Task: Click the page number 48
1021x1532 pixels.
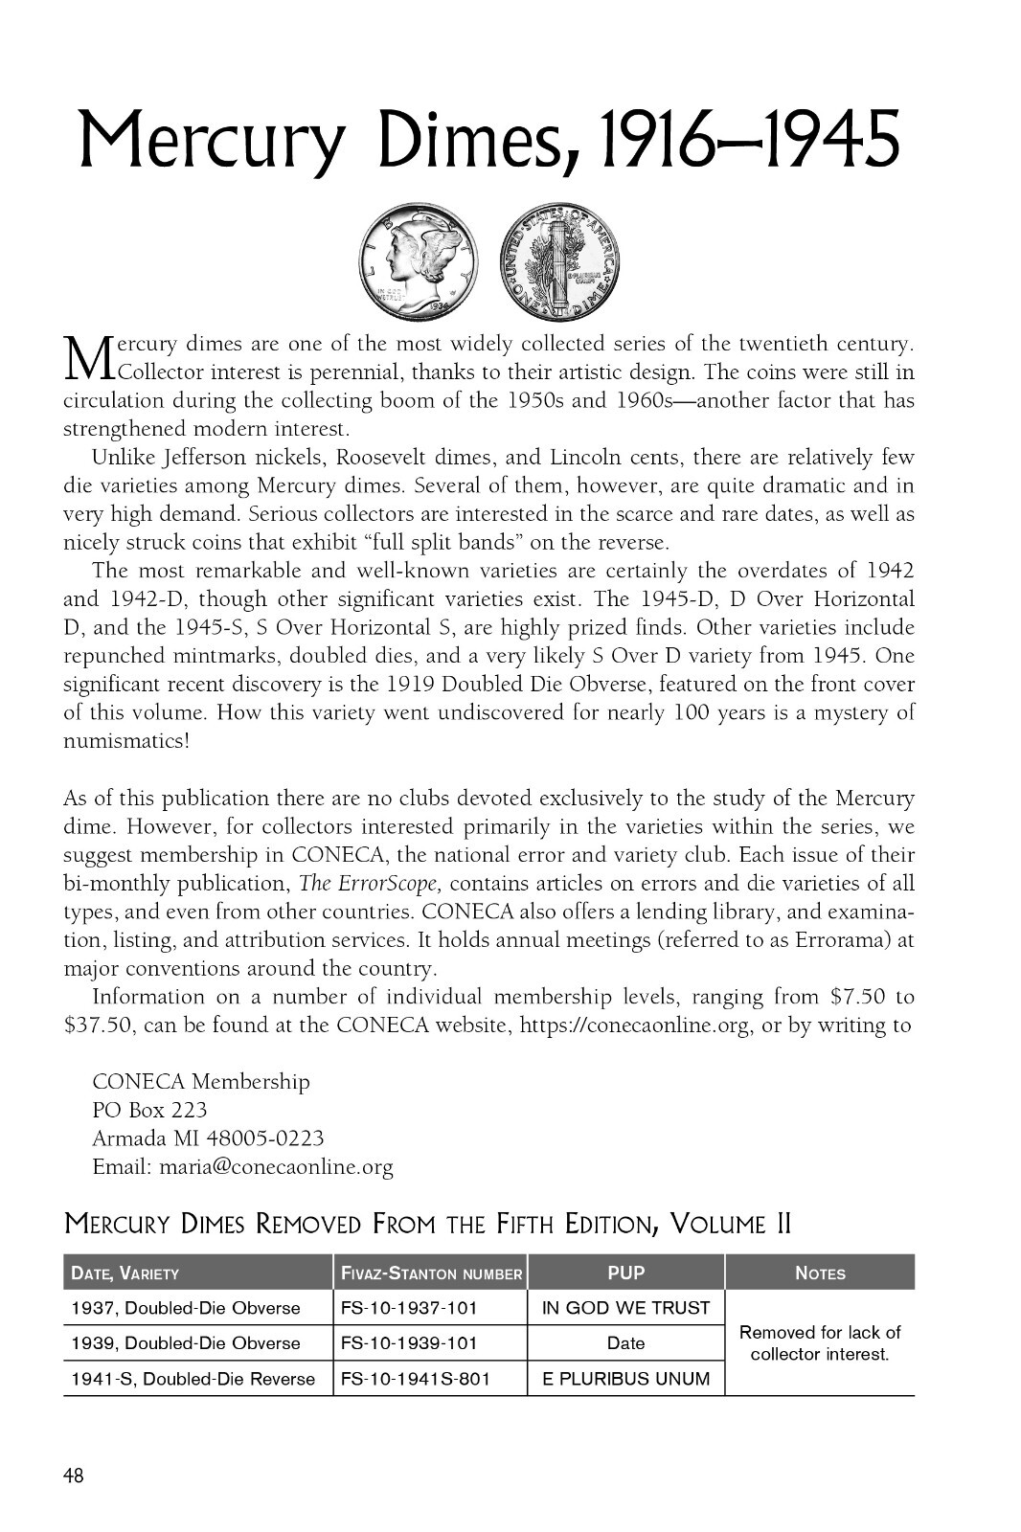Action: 74,1476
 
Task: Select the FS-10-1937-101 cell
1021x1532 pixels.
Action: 409,1308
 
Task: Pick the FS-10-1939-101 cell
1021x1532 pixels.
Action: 409,1342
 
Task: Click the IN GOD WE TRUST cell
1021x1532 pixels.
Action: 626,1308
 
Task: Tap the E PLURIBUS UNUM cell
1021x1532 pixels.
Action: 626,1379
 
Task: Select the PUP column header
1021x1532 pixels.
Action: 626,1273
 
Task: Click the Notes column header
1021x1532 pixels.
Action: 820,1273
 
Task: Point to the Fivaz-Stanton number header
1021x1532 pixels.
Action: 430,1273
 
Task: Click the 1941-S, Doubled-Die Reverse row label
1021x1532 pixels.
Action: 193,1379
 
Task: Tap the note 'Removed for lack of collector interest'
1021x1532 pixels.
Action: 820,1343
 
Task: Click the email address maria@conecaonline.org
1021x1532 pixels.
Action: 276,1167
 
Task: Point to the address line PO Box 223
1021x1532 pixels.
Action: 149,1111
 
